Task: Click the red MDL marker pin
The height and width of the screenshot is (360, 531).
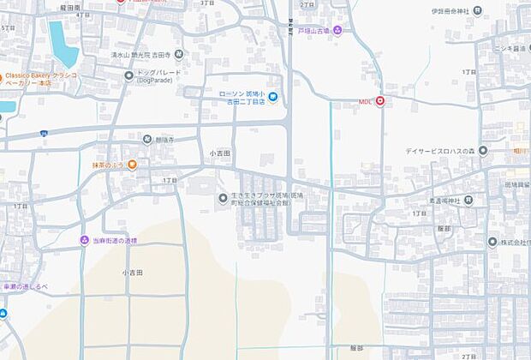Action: [x=379, y=101]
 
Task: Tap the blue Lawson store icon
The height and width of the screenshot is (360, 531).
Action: [x=272, y=98]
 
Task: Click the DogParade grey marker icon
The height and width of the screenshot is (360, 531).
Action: [x=129, y=75]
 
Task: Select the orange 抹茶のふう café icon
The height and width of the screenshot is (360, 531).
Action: [x=132, y=165]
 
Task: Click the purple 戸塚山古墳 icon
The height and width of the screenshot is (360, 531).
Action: [x=337, y=32]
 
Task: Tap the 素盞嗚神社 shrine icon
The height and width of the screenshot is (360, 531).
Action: [x=470, y=201]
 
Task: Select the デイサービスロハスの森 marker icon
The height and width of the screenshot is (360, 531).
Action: [x=483, y=152]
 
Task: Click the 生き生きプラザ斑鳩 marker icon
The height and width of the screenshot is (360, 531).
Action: [x=223, y=200]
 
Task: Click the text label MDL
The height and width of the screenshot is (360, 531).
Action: [x=366, y=102]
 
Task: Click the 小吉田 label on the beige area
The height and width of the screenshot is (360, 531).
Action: [x=132, y=272]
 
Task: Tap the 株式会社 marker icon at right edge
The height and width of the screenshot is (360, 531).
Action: [x=492, y=242]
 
